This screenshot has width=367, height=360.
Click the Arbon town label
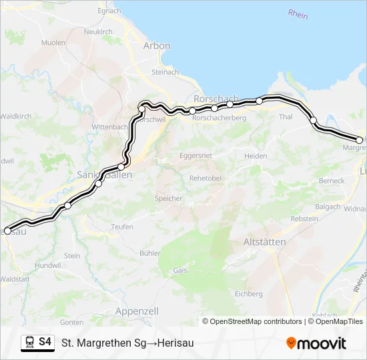[157, 45]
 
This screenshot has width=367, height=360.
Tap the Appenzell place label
[136, 311]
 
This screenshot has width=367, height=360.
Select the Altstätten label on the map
[265, 241]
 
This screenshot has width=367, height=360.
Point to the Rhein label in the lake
[298, 13]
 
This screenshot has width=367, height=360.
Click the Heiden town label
[256, 156]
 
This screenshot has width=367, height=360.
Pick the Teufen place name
[122, 227]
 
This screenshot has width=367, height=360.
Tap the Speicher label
[168, 199]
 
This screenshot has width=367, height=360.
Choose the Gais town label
[180, 271]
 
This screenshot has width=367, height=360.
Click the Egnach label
[109, 11]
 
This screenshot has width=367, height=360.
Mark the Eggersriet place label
[196, 155]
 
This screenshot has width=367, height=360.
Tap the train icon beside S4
[30, 343]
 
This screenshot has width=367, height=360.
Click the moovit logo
[316, 343]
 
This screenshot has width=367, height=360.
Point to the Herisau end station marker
[8, 231]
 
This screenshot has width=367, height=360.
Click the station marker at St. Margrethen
[359, 140]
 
